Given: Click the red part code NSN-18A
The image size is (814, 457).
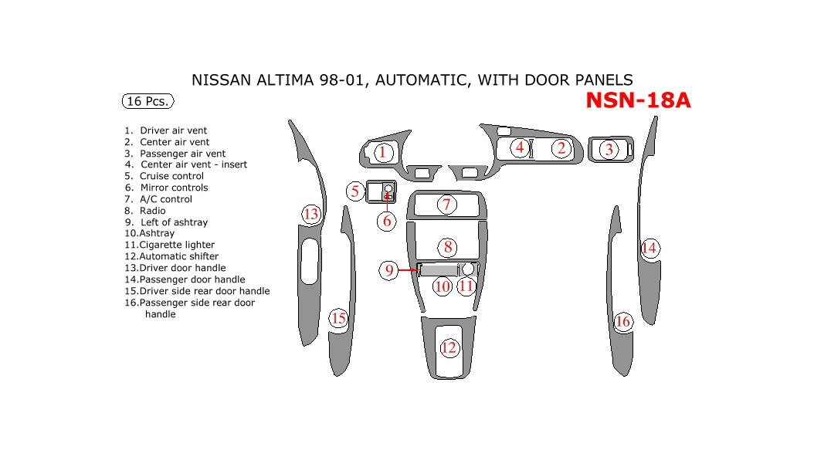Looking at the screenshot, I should (638, 101).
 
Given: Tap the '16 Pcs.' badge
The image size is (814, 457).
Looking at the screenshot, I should (147, 101).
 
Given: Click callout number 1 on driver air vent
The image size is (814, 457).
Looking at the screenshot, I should (382, 152).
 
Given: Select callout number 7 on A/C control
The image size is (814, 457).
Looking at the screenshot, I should (446, 205).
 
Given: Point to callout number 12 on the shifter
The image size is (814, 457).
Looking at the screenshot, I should (449, 348).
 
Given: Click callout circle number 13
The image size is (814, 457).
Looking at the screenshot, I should (311, 214).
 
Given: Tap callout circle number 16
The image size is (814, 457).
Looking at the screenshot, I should (623, 321).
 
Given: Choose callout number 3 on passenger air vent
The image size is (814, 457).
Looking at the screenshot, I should (609, 150).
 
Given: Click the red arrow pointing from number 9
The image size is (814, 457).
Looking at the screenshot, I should (407, 270).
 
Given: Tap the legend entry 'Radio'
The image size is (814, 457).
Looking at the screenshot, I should (152, 211).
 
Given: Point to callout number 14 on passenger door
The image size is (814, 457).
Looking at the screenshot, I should (650, 248).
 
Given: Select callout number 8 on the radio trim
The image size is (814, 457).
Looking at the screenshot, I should (448, 247).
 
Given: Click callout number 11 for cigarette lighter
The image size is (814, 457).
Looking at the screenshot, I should (466, 286).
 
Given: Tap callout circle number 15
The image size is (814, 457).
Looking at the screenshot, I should (338, 318).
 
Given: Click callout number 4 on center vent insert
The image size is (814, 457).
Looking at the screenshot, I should (520, 147).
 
